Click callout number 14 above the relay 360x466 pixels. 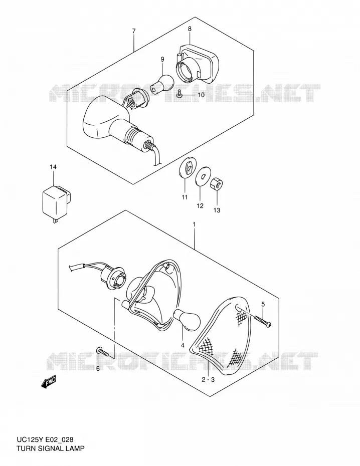coord(53,167)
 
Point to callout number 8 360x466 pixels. coord(190,29)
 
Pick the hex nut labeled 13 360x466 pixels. coord(217,184)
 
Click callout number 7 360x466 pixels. coord(134,31)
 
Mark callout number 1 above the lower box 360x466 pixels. coord(194,224)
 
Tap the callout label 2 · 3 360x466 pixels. coord(208,379)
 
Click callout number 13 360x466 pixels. coord(217,210)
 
